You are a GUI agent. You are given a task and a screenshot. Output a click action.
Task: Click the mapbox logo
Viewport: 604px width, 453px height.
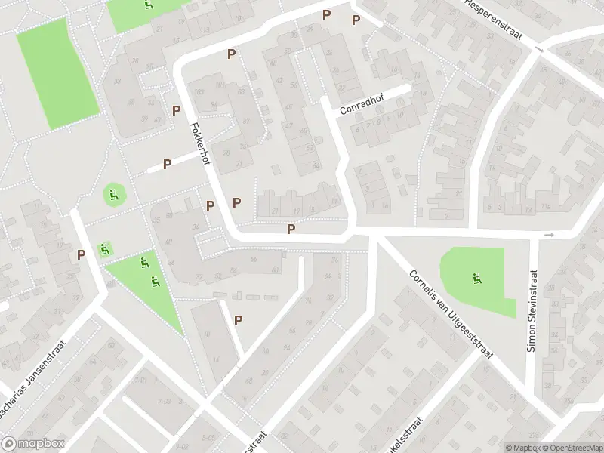click(x=32, y=444)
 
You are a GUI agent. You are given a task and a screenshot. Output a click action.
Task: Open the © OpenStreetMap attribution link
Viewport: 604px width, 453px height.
click(x=572, y=447)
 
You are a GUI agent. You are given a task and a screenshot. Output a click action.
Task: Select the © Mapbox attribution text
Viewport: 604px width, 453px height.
click(x=522, y=447)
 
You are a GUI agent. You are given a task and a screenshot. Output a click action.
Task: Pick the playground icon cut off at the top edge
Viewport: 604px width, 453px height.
click(x=148, y=5)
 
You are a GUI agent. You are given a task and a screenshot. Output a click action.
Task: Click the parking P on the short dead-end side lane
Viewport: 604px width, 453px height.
click(x=168, y=163)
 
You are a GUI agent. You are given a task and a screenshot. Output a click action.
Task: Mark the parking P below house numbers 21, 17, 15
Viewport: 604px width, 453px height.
click(x=291, y=229)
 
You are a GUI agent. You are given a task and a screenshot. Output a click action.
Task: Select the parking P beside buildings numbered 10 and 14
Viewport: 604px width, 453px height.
click(x=238, y=319)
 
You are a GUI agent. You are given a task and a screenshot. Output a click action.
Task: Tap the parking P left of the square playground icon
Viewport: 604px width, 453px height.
click(x=80, y=255)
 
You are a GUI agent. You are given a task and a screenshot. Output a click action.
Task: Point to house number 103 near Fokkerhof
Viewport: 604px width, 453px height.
click(x=199, y=92)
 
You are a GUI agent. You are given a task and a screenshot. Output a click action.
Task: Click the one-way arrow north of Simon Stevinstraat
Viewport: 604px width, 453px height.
click(x=548, y=236)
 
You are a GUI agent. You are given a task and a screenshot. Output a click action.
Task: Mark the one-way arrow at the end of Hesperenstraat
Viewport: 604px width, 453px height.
click(x=538, y=49)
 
